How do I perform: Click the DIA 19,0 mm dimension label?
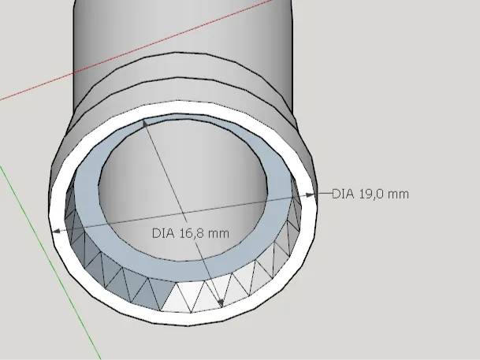click(x=370, y=195)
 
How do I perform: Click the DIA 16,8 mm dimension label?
click(x=191, y=233)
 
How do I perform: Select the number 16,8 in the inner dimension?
click(x=192, y=234)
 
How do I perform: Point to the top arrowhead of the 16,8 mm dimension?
click(x=145, y=123)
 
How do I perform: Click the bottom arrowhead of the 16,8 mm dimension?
click(x=220, y=303)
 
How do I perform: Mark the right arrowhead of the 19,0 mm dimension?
click(x=310, y=195)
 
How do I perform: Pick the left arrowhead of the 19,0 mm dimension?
click(x=57, y=231)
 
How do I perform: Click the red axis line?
click(x=136, y=50)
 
